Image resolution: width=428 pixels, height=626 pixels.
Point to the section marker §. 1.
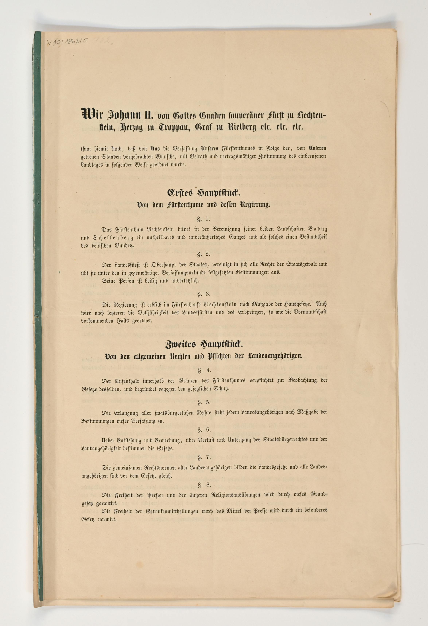tap(203, 219)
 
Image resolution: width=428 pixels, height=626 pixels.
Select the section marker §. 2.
tap(203, 254)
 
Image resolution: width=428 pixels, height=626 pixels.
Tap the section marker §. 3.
tap(203, 294)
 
